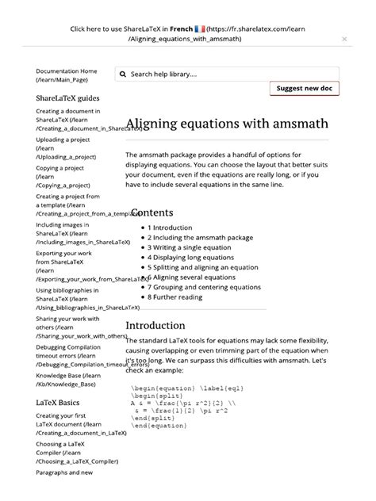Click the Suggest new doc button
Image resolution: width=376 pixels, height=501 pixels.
pos(305,89)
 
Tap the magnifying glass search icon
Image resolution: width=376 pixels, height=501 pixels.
pos(123,74)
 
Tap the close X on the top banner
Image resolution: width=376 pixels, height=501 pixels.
pos(344,38)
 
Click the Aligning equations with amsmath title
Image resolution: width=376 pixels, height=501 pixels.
pos(227,125)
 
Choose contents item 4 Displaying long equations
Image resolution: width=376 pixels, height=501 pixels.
pos(191,257)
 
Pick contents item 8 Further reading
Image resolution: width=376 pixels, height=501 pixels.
pos(177,296)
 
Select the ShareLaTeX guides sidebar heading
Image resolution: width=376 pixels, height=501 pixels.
pos(67,98)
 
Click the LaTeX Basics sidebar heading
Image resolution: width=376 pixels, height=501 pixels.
pos(57,402)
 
